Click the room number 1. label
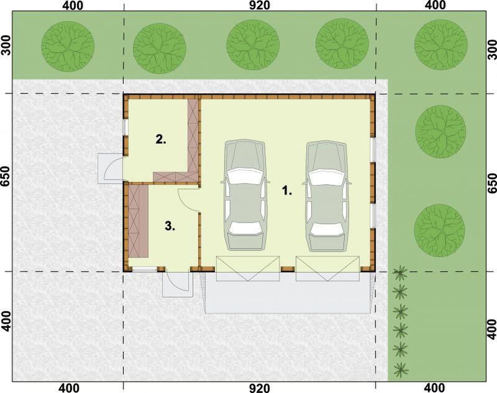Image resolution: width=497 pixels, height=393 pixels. tap(286, 191)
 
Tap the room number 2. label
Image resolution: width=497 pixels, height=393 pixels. tap(161, 140)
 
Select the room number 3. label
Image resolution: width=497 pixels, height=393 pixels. tap(170, 226)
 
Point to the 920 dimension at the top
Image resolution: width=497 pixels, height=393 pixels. tap(259, 6)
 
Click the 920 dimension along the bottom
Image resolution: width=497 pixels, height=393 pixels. tap(259, 388)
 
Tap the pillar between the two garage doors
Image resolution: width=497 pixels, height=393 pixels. tap(287, 269)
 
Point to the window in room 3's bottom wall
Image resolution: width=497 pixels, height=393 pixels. tap(144, 269)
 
